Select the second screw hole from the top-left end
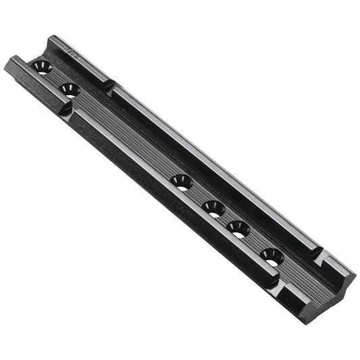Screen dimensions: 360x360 coord(69,89)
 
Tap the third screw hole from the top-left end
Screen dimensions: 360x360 coord(181,182)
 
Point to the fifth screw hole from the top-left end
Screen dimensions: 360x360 coord(238,228)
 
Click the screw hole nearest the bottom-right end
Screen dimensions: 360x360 coord(272,256)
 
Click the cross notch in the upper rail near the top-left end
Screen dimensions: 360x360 coord(111,86)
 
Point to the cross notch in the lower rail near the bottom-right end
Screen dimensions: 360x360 coord(276,284)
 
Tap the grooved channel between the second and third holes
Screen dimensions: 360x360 coord(125,135)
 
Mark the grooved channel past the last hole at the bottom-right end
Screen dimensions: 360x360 coord(297,274)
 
